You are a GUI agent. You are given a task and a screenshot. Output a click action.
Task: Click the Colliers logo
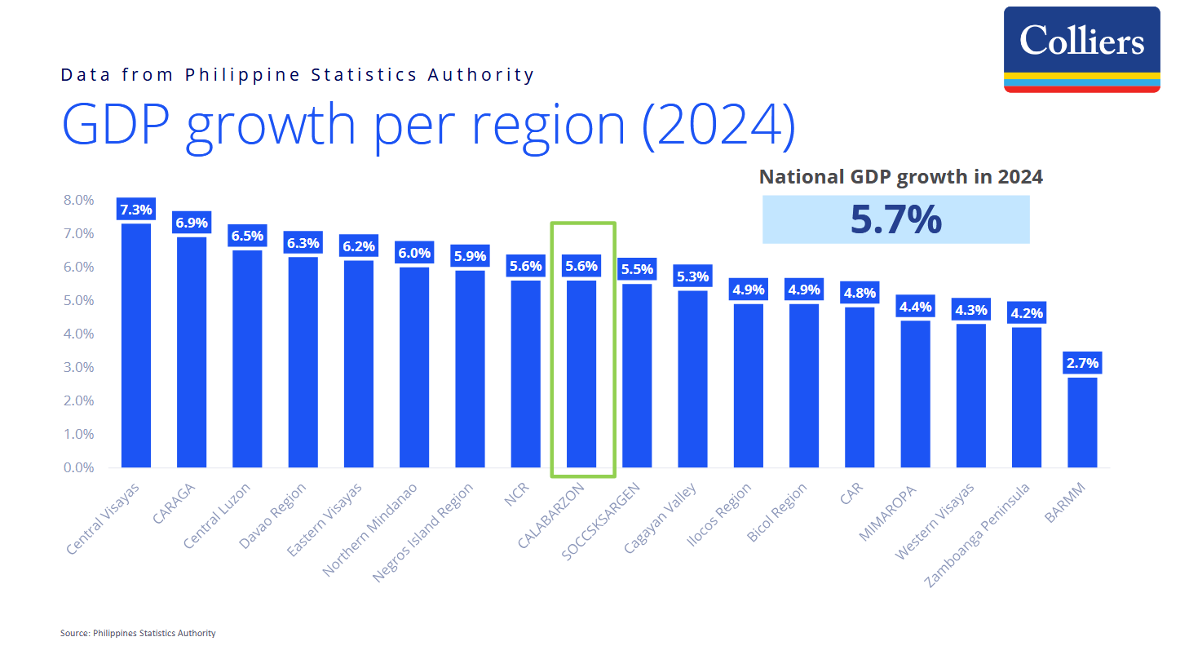coord(1081,49)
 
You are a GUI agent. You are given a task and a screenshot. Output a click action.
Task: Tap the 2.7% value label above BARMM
coord(1082,363)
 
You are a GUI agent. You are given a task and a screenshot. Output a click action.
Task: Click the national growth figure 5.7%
coord(895,219)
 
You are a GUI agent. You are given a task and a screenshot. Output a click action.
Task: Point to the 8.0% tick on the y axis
coord(79,200)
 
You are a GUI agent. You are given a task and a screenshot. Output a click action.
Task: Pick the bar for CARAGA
coord(192,352)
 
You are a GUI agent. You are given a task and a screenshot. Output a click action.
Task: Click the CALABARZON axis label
coord(552,515)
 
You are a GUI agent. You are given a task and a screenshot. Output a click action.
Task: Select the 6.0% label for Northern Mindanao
coord(414,253)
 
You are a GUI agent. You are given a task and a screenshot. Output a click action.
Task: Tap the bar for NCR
coord(525,374)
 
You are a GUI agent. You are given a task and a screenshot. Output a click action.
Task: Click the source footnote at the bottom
coord(138,633)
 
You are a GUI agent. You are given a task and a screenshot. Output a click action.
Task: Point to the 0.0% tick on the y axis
coord(79,467)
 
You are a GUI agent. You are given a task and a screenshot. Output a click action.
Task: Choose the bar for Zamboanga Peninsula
coord(1027,397)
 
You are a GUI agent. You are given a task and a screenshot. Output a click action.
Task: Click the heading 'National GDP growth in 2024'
coord(900,177)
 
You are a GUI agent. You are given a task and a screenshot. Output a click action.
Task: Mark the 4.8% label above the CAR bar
coord(860,293)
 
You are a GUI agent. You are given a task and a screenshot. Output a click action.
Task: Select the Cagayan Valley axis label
coord(661,518)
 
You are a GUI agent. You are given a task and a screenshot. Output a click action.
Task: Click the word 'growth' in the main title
coord(271,126)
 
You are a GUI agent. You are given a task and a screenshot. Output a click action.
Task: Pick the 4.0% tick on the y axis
coord(79,334)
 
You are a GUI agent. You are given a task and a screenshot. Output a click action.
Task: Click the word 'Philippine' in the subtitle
coord(242,75)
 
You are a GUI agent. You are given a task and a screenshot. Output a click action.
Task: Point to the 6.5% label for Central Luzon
coord(247,236)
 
